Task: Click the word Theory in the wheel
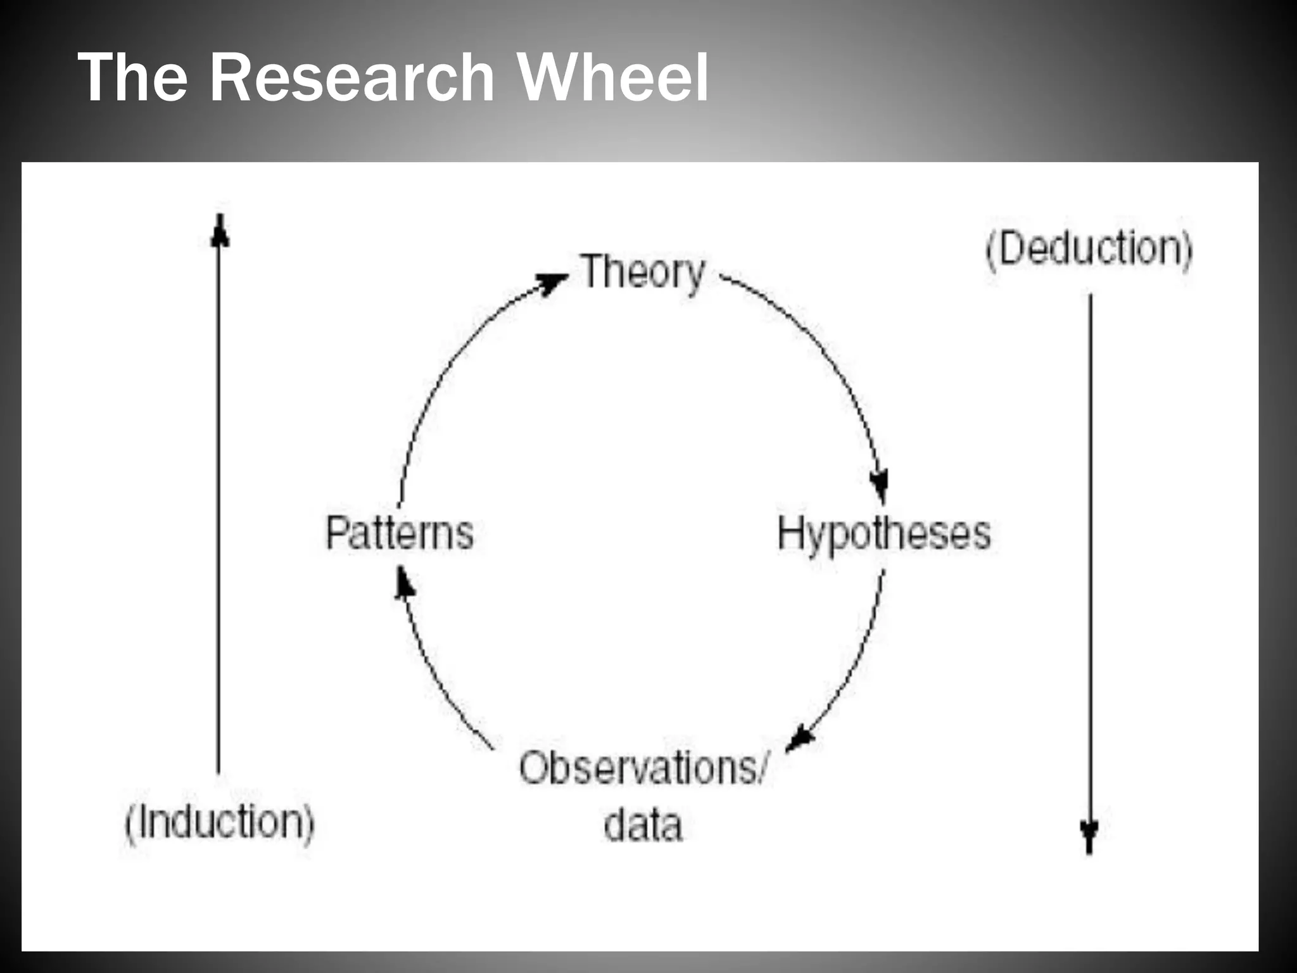[x=642, y=273]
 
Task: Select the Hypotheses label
[x=884, y=534]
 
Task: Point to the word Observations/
[x=643, y=768]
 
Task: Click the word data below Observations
[x=643, y=825]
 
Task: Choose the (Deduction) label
[x=1089, y=248]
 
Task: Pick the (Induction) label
[x=219, y=822]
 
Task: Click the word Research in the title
[x=351, y=77]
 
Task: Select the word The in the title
[x=133, y=77]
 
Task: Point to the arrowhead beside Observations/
[x=801, y=739]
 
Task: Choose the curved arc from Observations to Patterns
[x=437, y=678]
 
